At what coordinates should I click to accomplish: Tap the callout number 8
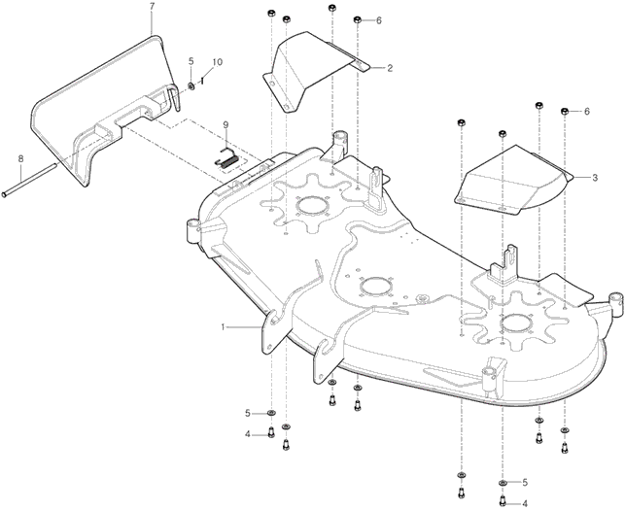pyautogui.click(x=19, y=158)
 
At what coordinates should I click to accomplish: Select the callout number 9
pyautogui.click(x=225, y=124)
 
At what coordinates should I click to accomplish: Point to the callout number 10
pyautogui.click(x=217, y=62)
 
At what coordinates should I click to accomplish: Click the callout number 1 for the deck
pyautogui.click(x=224, y=327)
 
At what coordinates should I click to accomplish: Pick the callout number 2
pyautogui.click(x=390, y=68)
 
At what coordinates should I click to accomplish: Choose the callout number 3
pyautogui.click(x=594, y=178)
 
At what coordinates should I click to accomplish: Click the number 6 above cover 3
pyautogui.click(x=586, y=112)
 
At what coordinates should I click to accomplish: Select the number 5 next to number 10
pyautogui.click(x=191, y=62)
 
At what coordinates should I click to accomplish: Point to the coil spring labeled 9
pyautogui.click(x=226, y=158)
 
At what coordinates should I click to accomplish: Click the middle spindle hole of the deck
pyautogui.click(x=374, y=284)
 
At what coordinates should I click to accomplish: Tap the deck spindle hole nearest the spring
pyautogui.click(x=310, y=204)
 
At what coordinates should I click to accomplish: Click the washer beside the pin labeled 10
pyautogui.click(x=191, y=85)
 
